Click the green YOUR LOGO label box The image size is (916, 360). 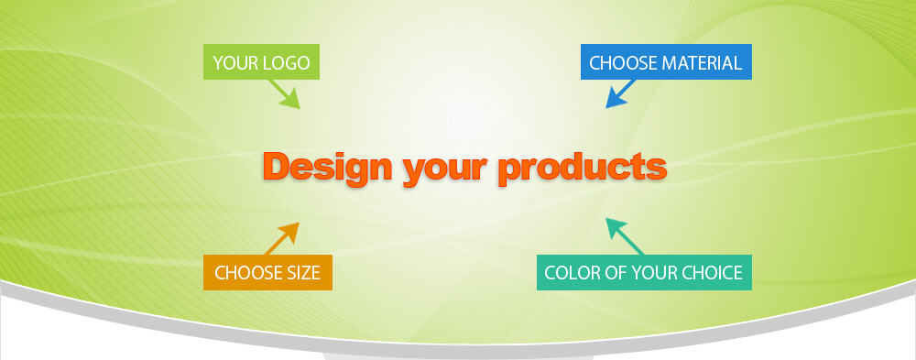(x=261, y=62)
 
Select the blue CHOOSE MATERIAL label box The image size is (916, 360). (x=666, y=62)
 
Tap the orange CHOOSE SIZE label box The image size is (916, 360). (x=267, y=272)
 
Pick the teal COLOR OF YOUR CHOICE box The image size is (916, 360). (x=644, y=272)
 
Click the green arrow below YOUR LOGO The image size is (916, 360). (x=284, y=94)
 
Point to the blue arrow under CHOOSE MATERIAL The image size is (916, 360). (x=620, y=93)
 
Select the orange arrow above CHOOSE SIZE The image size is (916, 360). (x=283, y=238)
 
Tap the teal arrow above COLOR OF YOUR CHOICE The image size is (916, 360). (x=624, y=236)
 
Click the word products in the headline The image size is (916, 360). (x=583, y=168)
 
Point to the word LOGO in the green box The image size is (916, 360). (x=286, y=62)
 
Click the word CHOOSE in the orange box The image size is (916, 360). (x=247, y=273)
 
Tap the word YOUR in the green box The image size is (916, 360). (x=235, y=62)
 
